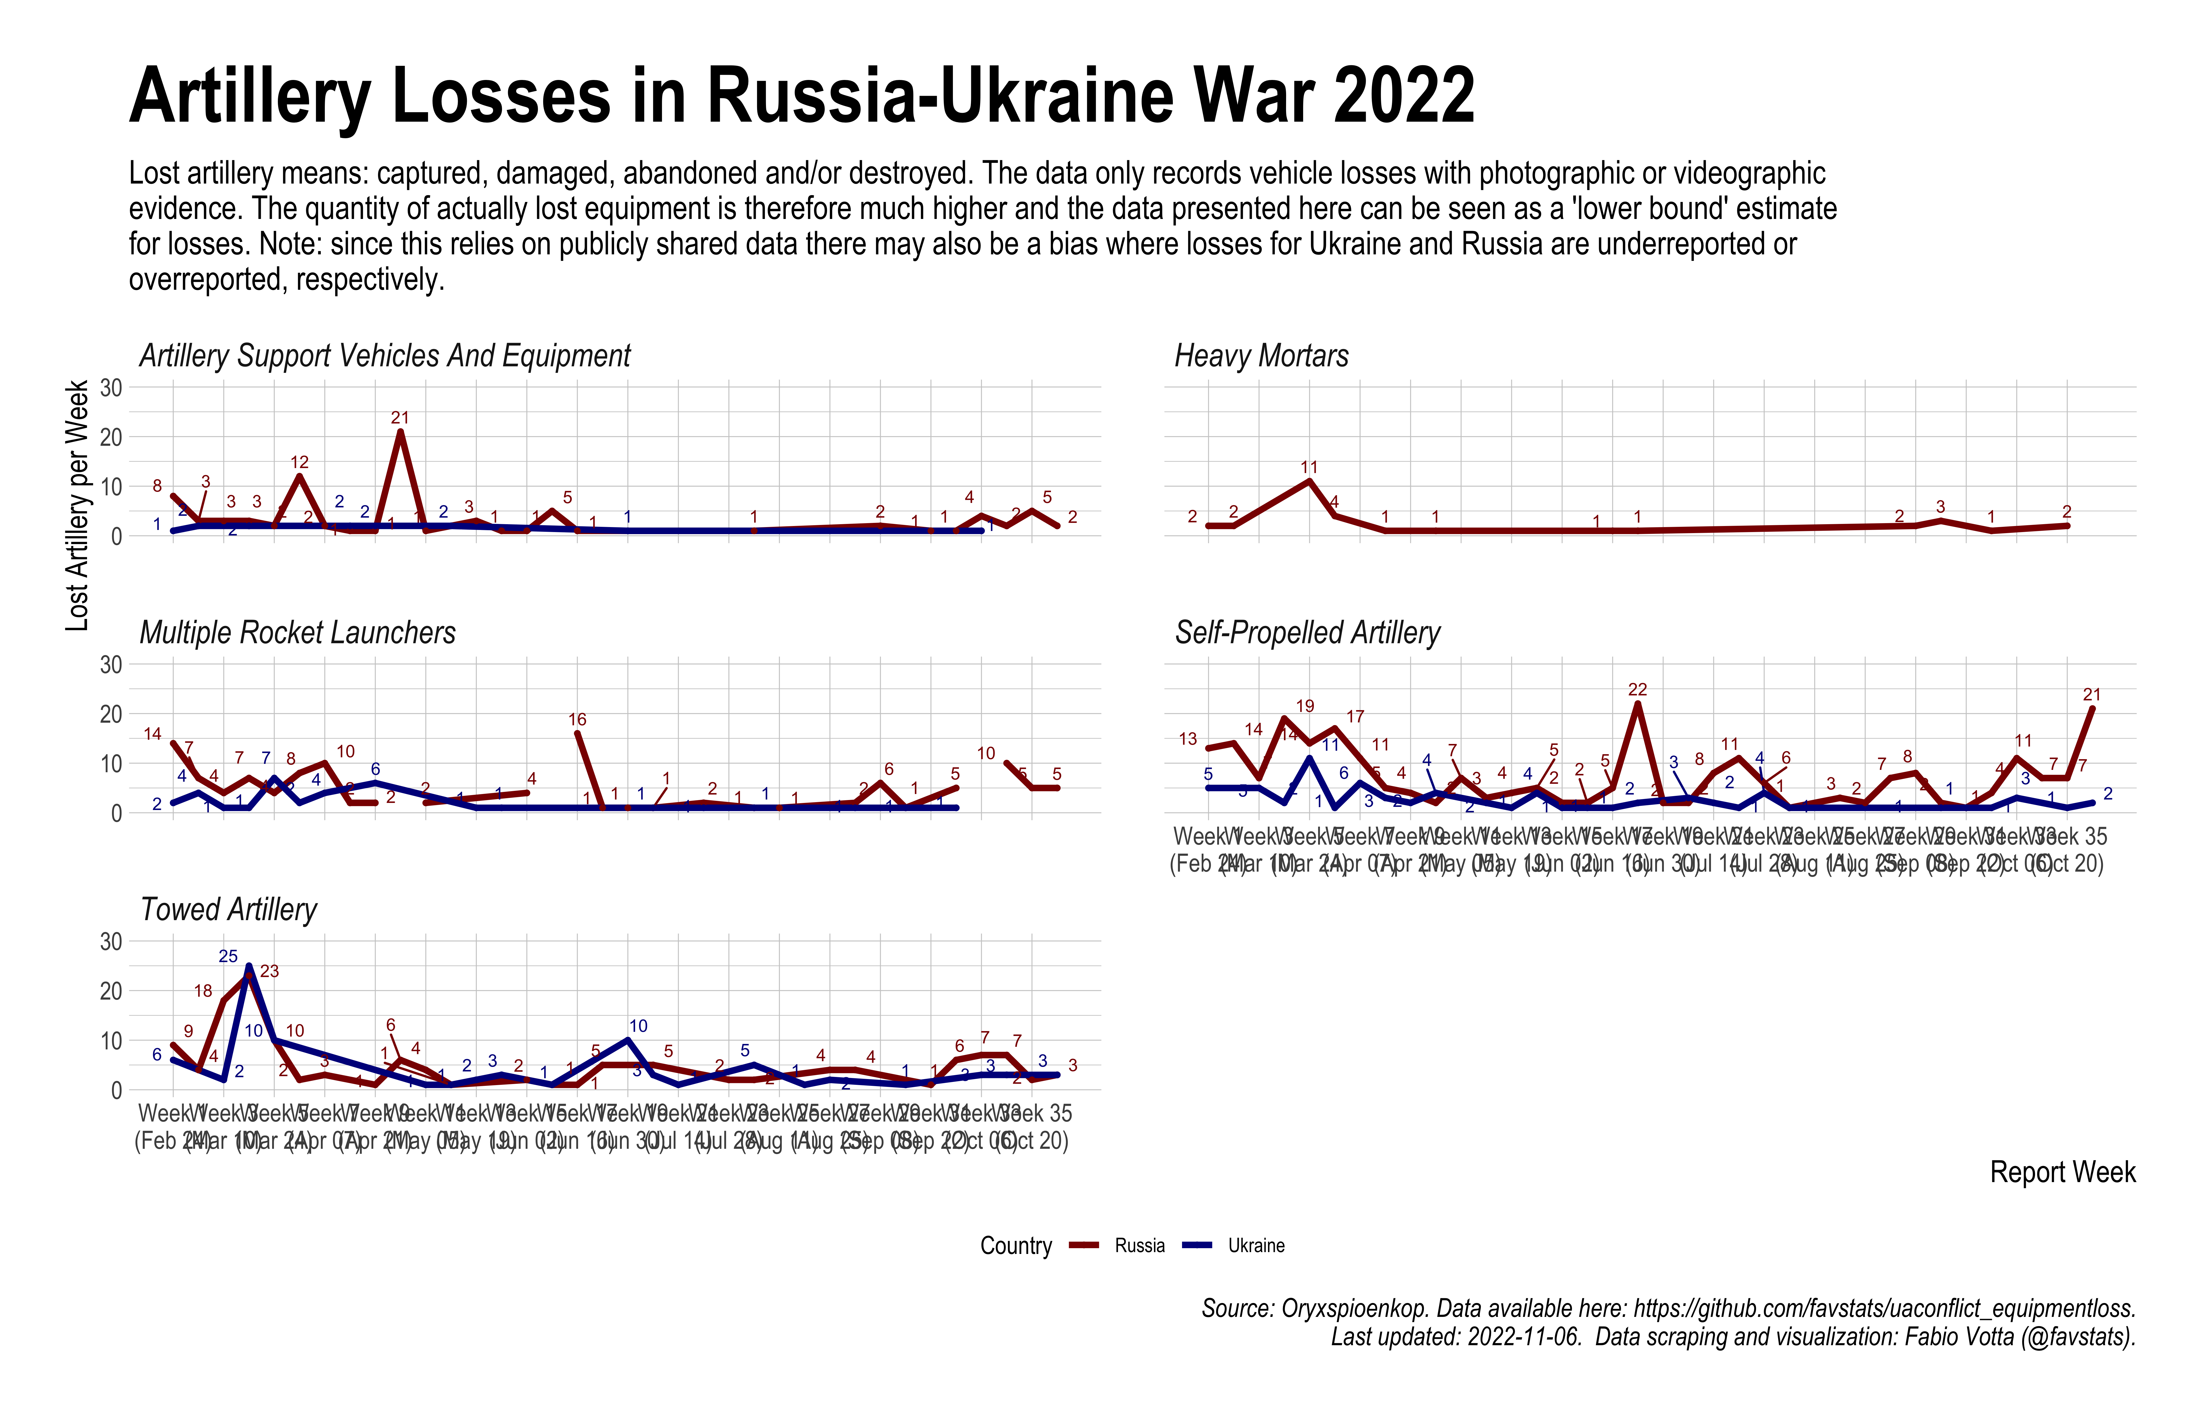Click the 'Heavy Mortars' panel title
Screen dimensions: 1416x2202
pyautogui.click(x=1261, y=356)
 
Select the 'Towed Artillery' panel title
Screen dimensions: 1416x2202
pyautogui.click(x=228, y=909)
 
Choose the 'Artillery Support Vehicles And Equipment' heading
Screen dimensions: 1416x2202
pyautogui.click(x=384, y=356)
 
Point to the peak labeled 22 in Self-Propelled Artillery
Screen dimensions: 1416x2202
pyautogui.click(x=1637, y=704)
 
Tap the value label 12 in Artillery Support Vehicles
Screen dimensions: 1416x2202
pyautogui.click(x=300, y=463)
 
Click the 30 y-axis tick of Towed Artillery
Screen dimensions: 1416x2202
pyautogui.click(x=111, y=942)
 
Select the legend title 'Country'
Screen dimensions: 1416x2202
pyautogui.click(x=1016, y=1246)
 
